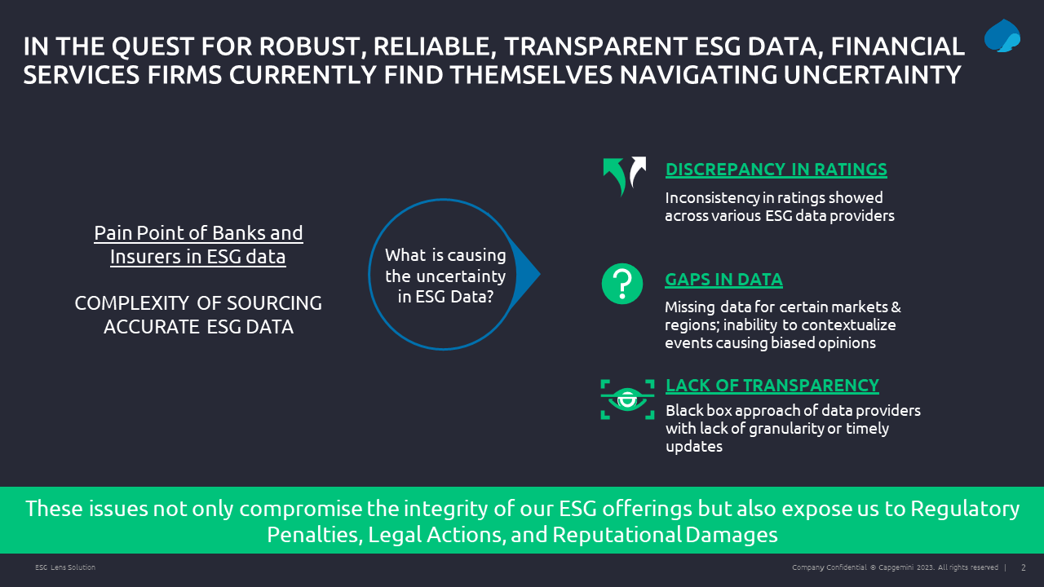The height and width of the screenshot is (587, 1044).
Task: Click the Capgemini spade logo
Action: coord(1002,36)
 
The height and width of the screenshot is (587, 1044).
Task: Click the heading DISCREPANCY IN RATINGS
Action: coord(776,170)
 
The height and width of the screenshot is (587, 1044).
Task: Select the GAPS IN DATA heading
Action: coord(723,280)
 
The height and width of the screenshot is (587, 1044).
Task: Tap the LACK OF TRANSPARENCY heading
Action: coord(772,386)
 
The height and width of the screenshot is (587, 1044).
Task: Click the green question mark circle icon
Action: coord(622,284)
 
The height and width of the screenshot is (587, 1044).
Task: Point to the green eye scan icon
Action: coord(627,399)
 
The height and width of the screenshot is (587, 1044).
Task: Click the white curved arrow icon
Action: coord(638,171)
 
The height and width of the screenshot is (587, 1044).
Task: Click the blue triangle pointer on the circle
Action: coord(524,274)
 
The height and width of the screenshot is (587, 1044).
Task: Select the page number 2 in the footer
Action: coord(1024,567)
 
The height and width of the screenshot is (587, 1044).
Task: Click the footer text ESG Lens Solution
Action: coord(65,567)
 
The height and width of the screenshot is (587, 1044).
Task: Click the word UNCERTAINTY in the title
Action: coord(872,75)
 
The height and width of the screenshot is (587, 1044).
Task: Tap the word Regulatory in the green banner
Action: coord(965,510)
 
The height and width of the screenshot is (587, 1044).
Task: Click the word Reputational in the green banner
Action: coord(616,535)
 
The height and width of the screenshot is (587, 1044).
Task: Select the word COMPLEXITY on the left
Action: coord(132,303)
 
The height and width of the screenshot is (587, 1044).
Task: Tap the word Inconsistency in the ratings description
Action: coord(712,198)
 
